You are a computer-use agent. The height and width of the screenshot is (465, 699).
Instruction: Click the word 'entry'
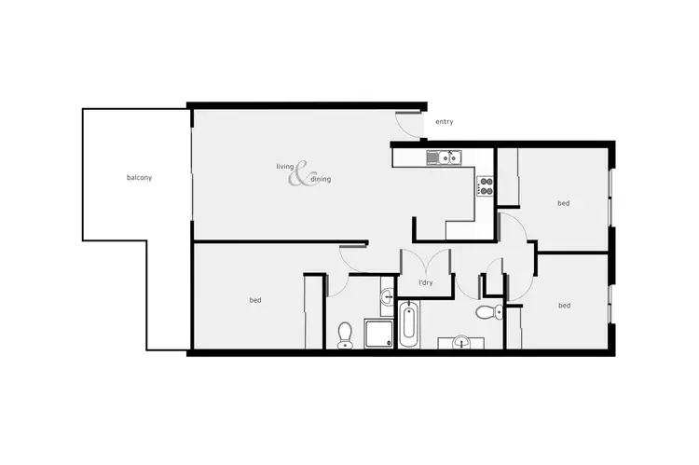(x=444, y=122)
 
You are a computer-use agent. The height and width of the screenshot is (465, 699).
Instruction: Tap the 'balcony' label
(x=139, y=177)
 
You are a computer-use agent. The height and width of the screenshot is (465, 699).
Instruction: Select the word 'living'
(x=284, y=167)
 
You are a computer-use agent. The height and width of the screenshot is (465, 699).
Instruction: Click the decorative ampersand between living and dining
(x=301, y=174)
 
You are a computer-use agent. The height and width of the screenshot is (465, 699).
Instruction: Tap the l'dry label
(x=426, y=282)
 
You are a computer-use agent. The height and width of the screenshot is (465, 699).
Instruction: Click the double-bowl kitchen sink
(x=442, y=157)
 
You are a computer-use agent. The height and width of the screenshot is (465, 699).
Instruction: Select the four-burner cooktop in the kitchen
(x=485, y=185)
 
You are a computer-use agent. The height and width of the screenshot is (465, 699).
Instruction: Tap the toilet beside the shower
(x=345, y=334)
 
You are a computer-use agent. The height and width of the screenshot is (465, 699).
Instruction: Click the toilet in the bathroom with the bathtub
(x=487, y=312)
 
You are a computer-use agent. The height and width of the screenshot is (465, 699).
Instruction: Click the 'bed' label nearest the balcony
(x=254, y=300)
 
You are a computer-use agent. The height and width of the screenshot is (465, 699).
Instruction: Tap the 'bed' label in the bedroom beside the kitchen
(x=563, y=202)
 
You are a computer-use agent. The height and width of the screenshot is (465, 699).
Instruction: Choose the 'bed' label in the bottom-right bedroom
(x=563, y=305)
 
